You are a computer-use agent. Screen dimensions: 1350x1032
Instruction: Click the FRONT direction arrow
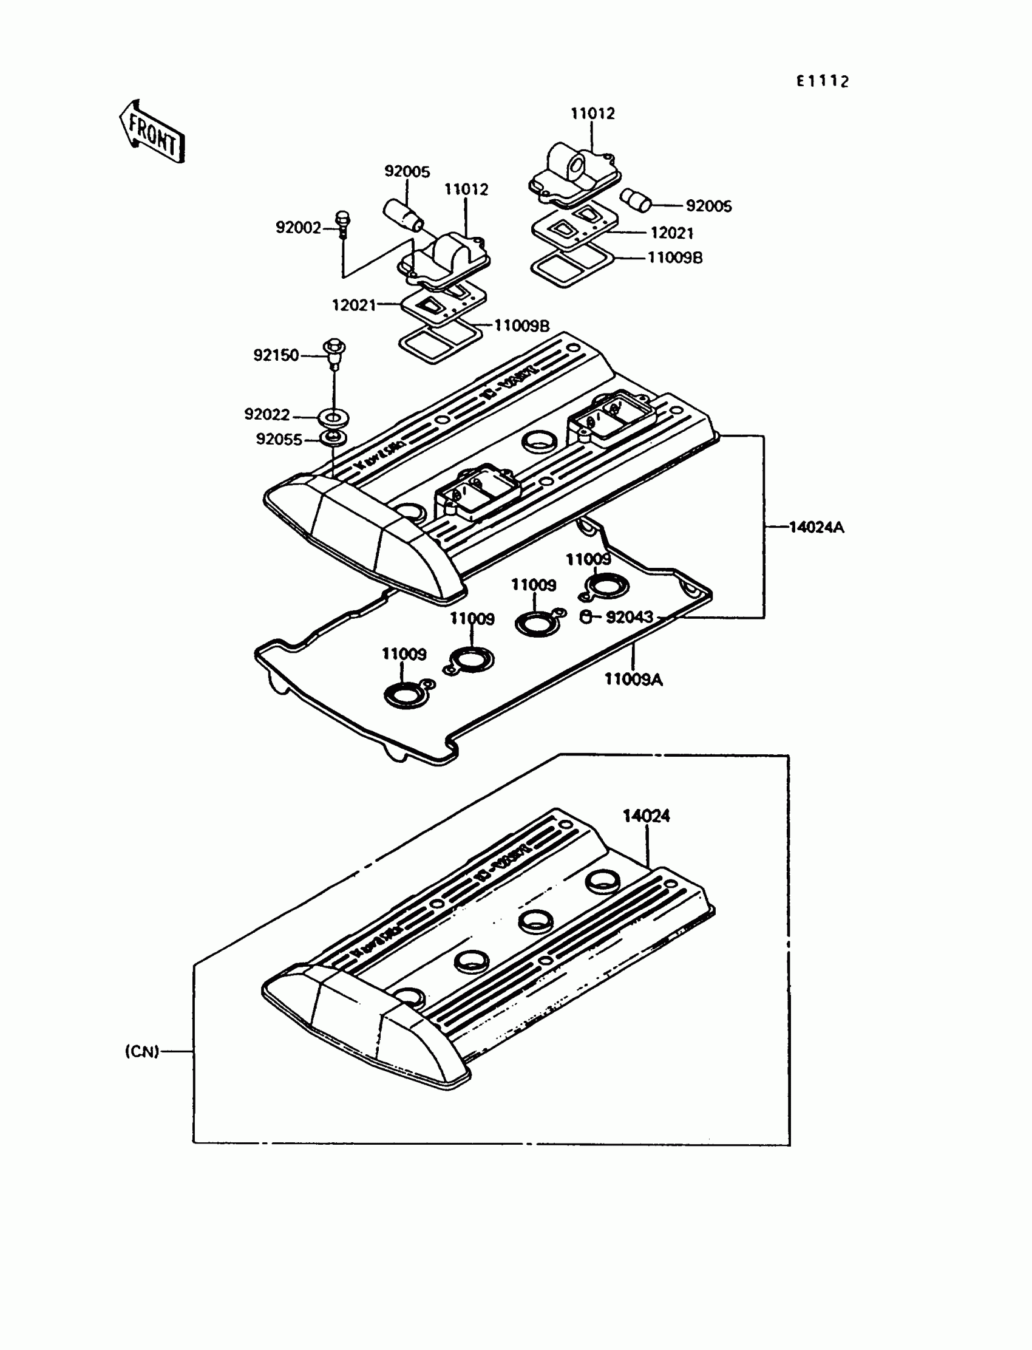coord(151,133)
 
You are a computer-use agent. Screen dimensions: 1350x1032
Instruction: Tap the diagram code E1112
coord(823,81)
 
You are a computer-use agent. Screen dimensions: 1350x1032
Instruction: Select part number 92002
coord(299,228)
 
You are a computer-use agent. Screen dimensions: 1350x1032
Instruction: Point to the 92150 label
coord(276,355)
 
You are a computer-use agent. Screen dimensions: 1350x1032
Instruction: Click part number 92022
coord(267,415)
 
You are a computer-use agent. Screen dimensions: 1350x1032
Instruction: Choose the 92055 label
coord(279,439)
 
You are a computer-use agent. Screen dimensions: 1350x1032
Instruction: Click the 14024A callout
coord(816,527)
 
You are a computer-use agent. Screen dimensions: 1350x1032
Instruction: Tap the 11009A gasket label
coord(633,679)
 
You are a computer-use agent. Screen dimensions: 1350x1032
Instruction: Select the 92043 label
coord(629,617)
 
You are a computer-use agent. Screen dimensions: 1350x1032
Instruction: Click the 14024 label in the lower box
coord(647,816)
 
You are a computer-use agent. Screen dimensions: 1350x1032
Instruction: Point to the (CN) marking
coord(142,1051)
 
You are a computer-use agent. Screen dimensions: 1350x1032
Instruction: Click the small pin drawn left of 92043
coord(586,617)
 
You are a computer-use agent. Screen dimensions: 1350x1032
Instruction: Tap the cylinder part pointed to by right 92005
coord(634,200)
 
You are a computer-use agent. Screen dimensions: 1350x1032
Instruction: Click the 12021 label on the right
coord(672,233)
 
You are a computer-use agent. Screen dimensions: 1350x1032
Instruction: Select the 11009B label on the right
coord(675,258)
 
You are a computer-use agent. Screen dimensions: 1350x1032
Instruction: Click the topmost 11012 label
coord(592,114)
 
